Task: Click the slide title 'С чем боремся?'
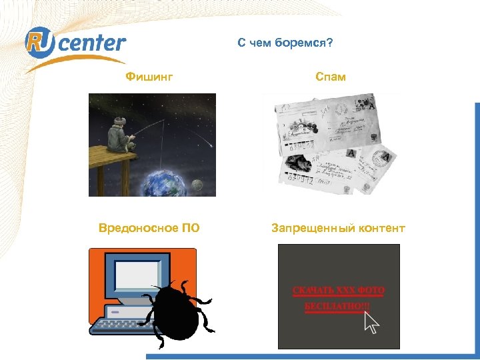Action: coord(285,43)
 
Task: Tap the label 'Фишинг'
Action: coord(149,77)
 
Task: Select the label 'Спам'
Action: coord(331,77)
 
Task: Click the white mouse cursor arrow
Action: coord(371,323)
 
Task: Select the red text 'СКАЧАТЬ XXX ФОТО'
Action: coord(339,291)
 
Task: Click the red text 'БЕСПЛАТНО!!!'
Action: coord(335,307)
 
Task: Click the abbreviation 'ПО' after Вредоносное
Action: coord(191,229)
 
